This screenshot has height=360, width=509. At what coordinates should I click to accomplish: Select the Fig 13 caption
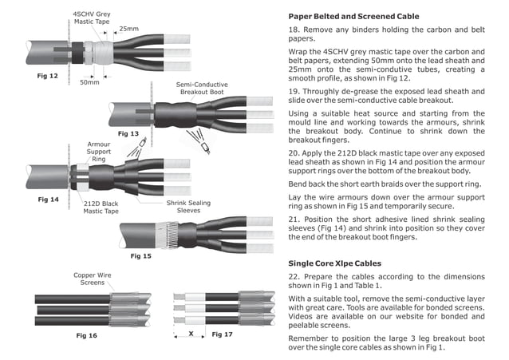point(128,133)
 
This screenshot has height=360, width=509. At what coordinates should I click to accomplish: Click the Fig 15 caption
point(140,255)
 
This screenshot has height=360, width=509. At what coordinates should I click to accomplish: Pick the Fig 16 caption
point(86,335)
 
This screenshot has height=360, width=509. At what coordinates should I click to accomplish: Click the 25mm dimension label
point(128,29)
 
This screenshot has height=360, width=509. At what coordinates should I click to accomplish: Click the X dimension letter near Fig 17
point(191,333)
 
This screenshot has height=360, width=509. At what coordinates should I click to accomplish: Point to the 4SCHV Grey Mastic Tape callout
point(93,18)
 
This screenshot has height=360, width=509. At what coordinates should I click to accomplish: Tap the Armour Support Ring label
point(99,151)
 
